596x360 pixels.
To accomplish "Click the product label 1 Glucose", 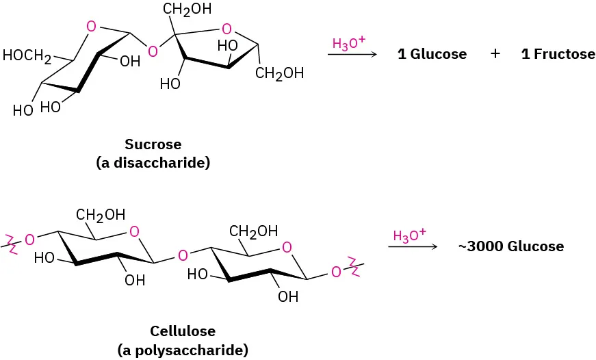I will pyautogui.click(x=432, y=54).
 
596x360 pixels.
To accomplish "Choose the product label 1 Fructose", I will pyautogui.click(x=558, y=54).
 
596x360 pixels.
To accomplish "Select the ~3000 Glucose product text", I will pyautogui.click(x=511, y=246).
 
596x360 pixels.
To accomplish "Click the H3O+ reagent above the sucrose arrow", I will pyautogui.click(x=348, y=44).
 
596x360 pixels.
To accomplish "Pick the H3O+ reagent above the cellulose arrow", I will pyautogui.click(x=409, y=235).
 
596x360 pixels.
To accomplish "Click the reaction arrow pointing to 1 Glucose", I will pyautogui.click(x=353, y=55).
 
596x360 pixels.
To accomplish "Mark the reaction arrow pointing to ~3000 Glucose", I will pyautogui.click(x=413, y=246).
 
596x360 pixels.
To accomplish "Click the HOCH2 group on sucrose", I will pyautogui.click(x=27, y=57).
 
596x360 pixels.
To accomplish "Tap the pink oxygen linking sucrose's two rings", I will pyautogui.click(x=153, y=51).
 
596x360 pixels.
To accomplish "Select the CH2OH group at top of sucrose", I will pyautogui.click(x=187, y=10).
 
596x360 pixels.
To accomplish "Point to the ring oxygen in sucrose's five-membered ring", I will pyautogui.click(x=226, y=29).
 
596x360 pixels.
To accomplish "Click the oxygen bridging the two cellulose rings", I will pyautogui.click(x=182, y=256).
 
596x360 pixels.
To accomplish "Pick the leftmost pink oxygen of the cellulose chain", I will pyautogui.click(x=29, y=240).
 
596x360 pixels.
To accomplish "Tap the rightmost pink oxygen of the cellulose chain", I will pyautogui.click(x=336, y=272).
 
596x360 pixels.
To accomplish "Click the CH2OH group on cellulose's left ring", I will pyautogui.click(x=101, y=215).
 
